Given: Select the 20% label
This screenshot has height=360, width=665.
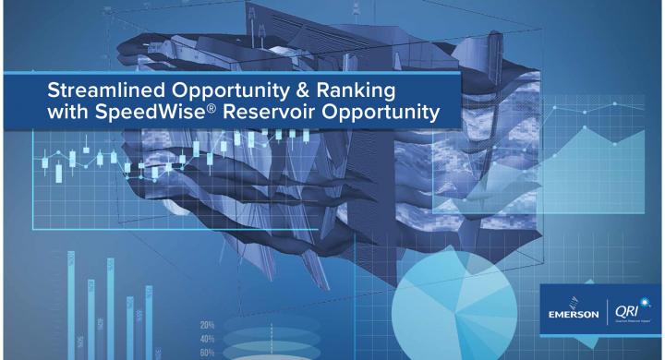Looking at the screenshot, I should [x=209, y=325].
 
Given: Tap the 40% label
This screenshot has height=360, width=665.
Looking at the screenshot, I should [x=209, y=339].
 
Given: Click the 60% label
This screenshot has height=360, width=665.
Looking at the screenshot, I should [x=209, y=352].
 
